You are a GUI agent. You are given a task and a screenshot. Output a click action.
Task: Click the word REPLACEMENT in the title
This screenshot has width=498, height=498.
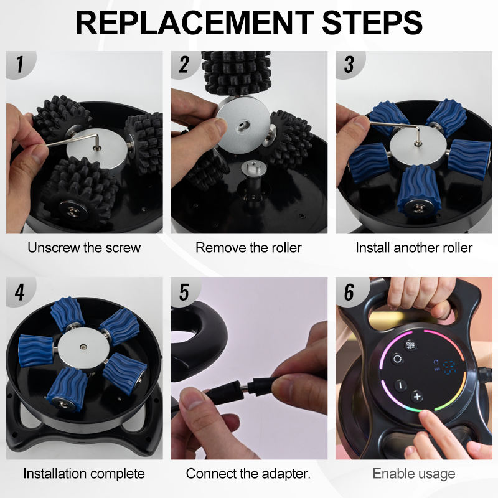194,23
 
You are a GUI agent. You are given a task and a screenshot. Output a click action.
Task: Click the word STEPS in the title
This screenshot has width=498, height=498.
372,23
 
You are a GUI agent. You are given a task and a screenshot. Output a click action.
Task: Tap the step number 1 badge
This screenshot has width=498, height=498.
21,64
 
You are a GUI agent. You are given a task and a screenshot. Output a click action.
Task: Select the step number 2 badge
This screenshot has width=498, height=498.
184,65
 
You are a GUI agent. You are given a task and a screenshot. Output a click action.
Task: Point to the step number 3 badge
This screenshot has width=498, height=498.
349,65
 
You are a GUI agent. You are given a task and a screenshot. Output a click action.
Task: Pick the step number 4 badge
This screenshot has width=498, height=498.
20,292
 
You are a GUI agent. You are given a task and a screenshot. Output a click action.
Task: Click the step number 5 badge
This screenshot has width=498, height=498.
184,292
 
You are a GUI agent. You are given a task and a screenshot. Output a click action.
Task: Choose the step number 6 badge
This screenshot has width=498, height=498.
349,292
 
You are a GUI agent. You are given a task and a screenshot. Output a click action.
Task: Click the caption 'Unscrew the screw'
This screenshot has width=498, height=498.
84,248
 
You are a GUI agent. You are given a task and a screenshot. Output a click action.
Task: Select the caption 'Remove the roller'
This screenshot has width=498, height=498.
248,248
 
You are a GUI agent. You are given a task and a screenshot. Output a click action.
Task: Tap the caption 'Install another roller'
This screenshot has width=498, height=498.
414,248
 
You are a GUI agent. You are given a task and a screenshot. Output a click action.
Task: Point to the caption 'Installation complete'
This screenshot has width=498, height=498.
84,474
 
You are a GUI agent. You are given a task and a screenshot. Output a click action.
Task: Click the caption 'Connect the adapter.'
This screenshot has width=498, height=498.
248,474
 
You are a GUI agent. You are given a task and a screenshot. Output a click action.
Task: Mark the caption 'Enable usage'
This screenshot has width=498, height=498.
414,474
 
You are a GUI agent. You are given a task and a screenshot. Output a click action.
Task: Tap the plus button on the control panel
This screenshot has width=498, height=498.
417,397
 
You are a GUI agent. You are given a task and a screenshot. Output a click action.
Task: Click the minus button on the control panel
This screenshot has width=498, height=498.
400,385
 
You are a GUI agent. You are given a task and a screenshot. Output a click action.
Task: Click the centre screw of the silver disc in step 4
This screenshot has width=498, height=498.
83,347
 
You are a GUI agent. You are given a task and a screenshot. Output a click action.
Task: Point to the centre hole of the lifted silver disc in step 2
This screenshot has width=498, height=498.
244,124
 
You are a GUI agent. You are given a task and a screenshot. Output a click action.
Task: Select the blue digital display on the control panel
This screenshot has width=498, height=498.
448,367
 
